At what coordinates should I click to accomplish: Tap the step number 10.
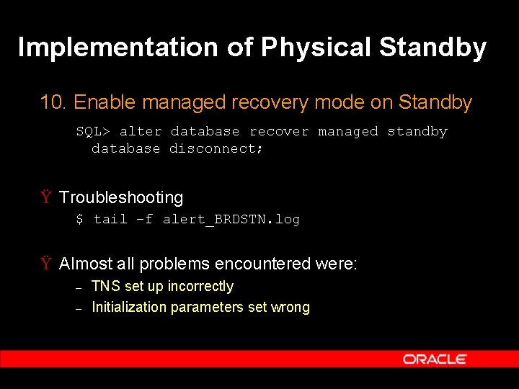point(53,103)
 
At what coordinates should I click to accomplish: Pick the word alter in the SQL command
point(141,132)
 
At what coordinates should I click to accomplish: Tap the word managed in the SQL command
point(347,132)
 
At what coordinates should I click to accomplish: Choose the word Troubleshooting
point(121,197)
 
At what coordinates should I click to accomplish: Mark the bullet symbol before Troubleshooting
point(46,197)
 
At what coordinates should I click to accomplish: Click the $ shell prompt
point(79,219)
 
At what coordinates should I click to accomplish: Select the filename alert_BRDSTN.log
point(231,219)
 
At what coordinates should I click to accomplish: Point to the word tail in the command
point(110,219)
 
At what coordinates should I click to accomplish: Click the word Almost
point(86,264)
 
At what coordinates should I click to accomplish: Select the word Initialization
point(129,308)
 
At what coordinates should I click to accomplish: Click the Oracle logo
point(435,359)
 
